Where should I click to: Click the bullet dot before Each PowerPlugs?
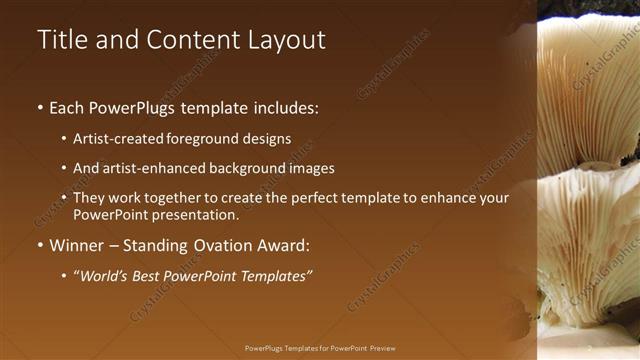pyautogui.click(x=39, y=107)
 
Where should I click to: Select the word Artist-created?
pyautogui.click(x=120, y=140)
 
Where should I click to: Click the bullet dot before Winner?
pyautogui.click(x=39, y=246)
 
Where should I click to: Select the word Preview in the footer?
pyautogui.click(x=383, y=348)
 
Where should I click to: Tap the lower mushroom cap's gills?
pyautogui.click(x=590, y=240)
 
